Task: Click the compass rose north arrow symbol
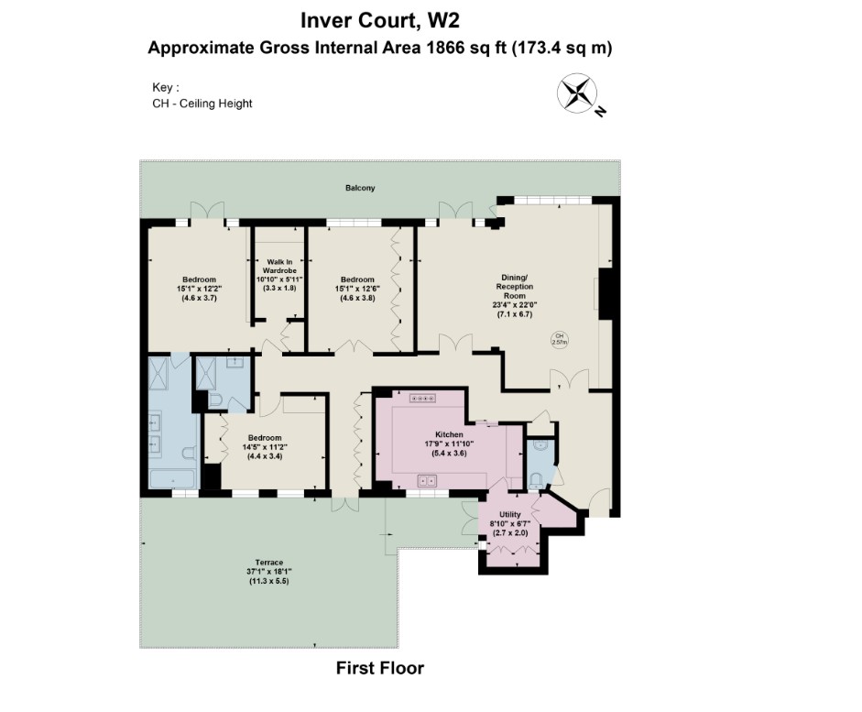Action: [x=576, y=93]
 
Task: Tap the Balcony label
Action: [x=360, y=188]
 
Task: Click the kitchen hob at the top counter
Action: [x=423, y=398]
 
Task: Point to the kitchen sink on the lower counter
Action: [x=426, y=478]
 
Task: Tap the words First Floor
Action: [x=380, y=668]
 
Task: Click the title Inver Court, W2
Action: [x=380, y=18]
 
